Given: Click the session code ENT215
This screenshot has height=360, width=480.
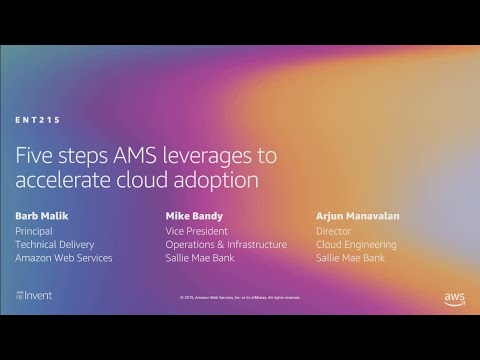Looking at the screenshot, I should click(38, 120).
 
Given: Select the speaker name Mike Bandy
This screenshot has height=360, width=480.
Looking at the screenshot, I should click(193, 215).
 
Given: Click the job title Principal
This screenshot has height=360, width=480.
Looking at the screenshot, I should click(35, 230).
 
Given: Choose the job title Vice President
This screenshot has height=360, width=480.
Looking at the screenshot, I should click(198, 230).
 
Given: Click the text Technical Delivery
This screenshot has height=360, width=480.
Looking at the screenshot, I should click(55, 244).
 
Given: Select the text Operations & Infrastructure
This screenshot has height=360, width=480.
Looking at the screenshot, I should click(226, 244).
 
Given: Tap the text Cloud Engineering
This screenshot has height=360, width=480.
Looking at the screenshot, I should click(355, 244).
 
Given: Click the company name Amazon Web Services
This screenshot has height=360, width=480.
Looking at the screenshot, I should click(64, 258).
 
